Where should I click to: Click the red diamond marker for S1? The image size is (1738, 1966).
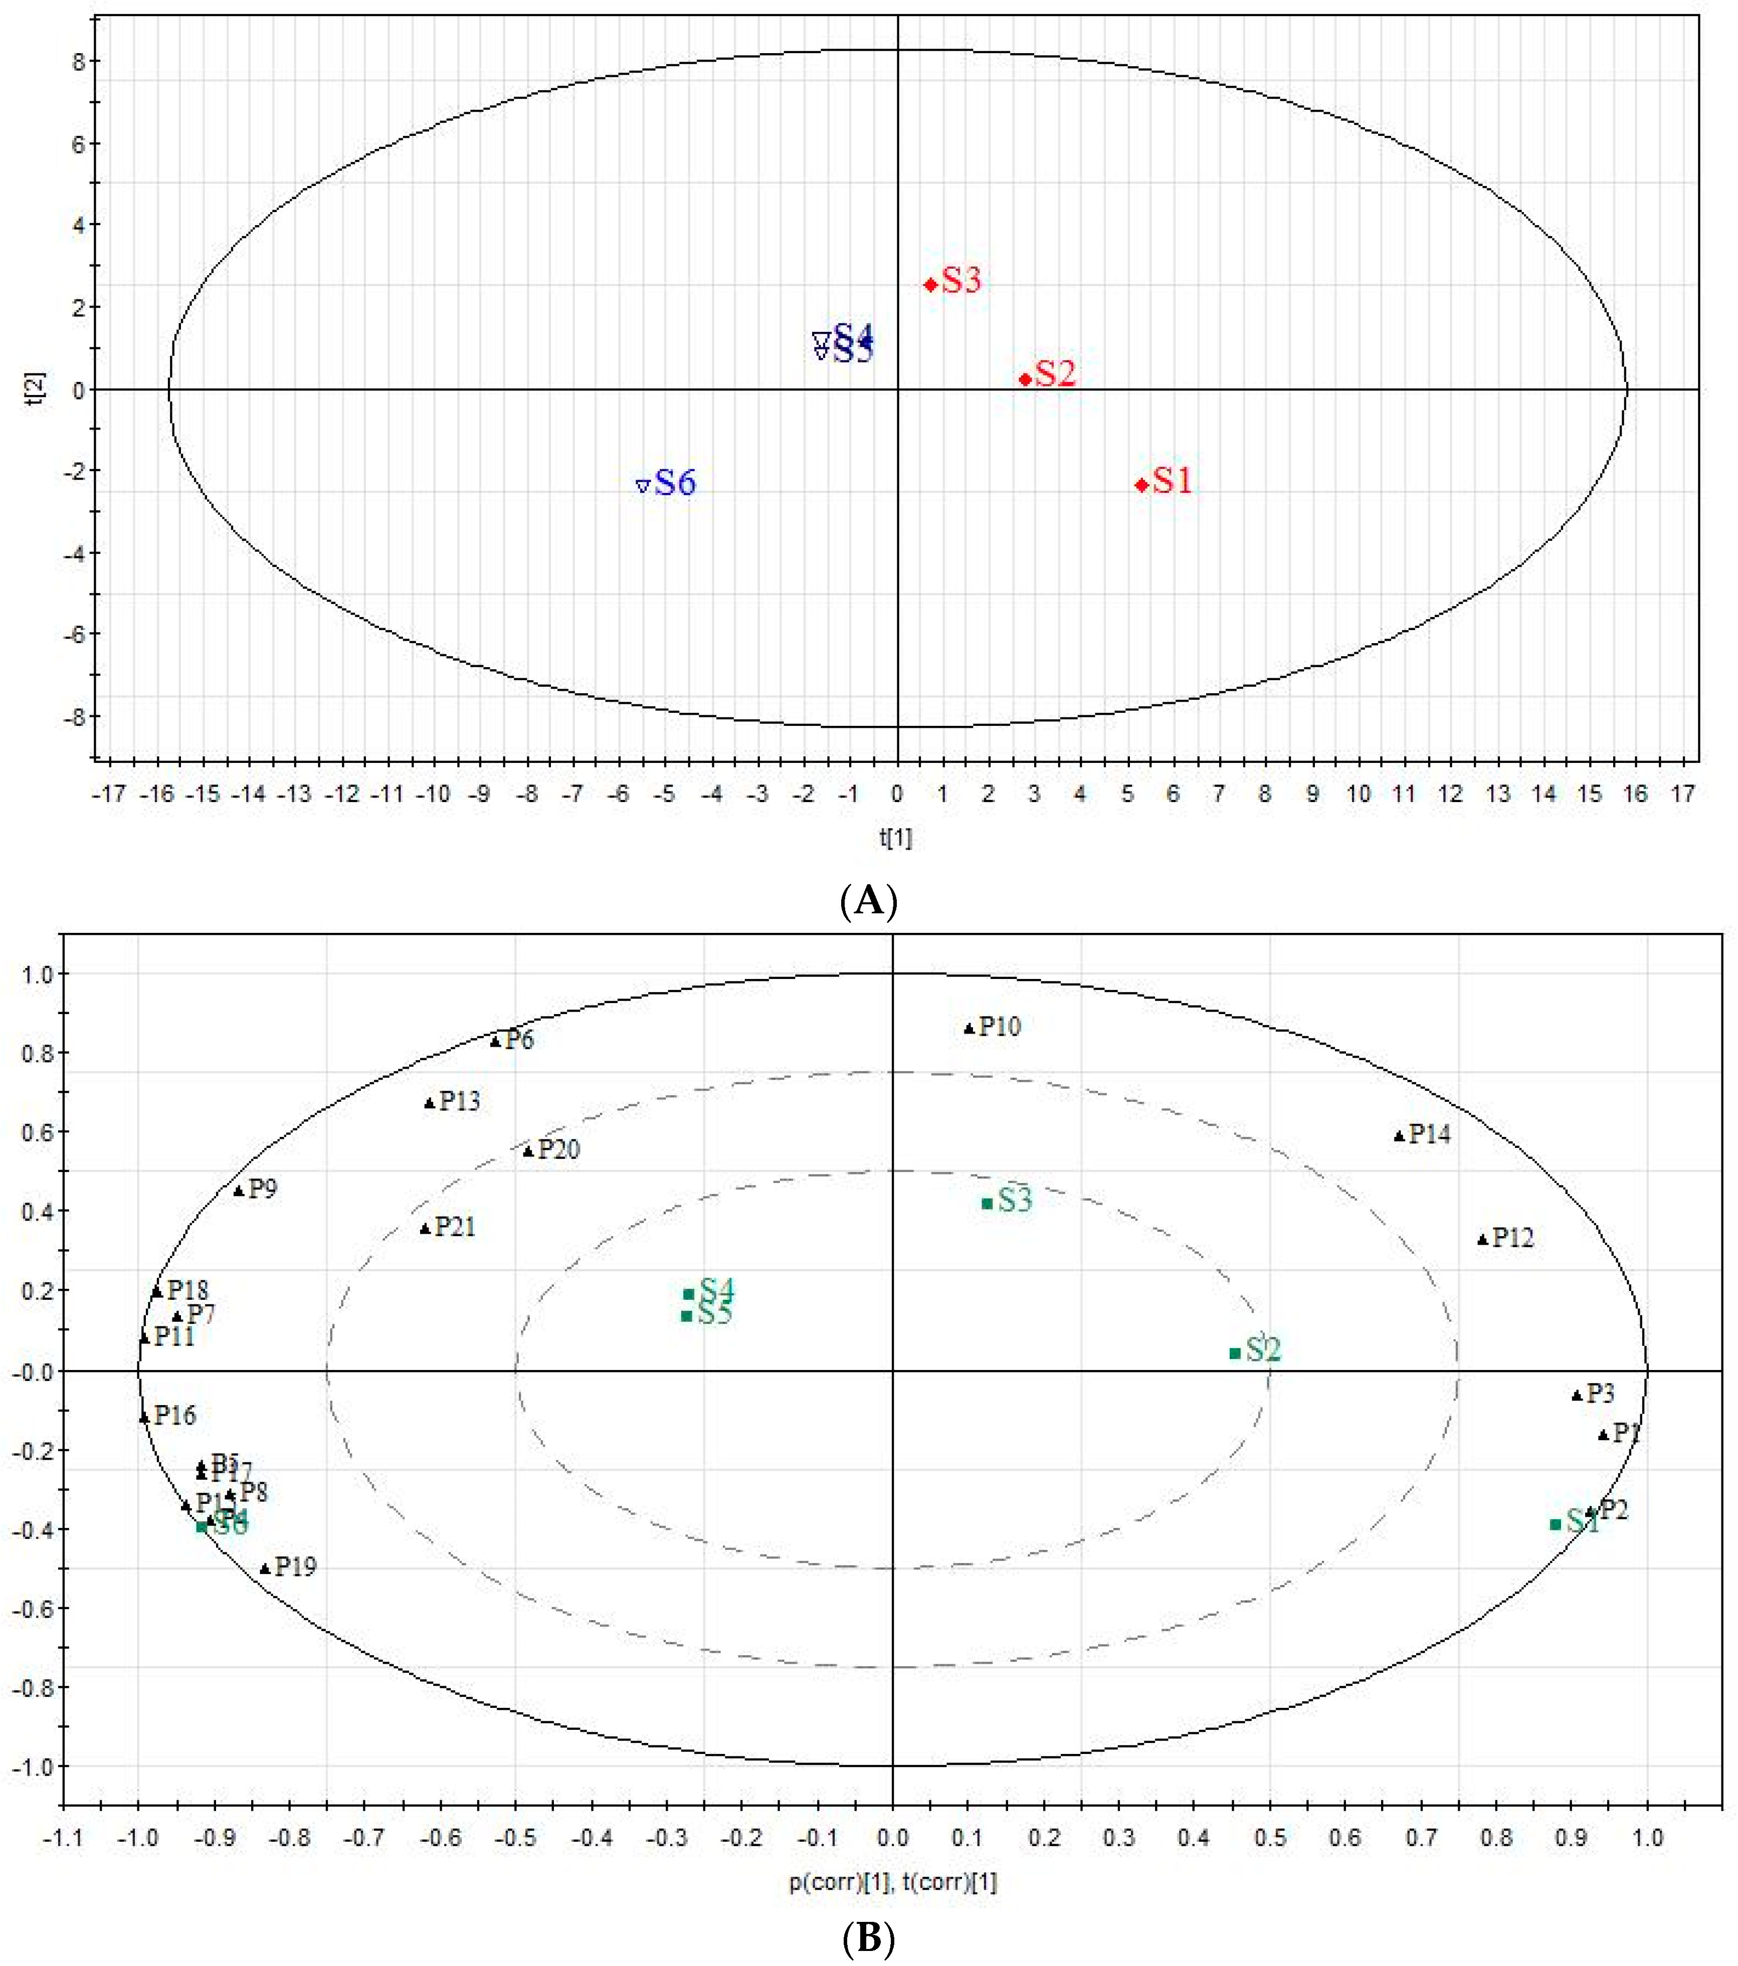click(1141, 485)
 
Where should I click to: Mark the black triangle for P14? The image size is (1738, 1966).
click(1400, 1136)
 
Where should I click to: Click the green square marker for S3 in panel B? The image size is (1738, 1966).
click(987, 1203)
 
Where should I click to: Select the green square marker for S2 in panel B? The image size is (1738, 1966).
click(1235, 1353)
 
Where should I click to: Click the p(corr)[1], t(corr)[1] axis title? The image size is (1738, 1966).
click(893, 1882)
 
